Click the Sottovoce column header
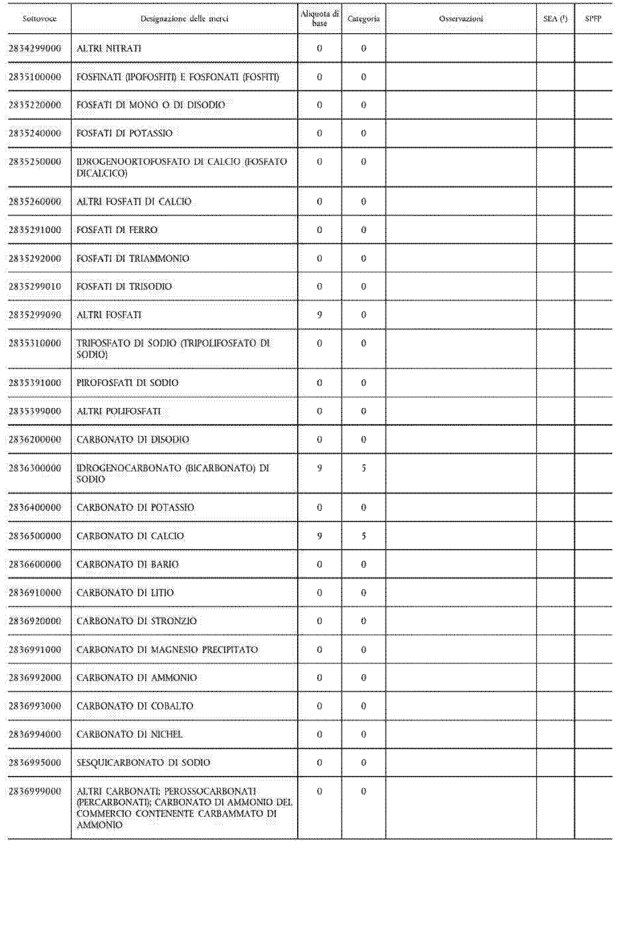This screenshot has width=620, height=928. (x=39, y=19)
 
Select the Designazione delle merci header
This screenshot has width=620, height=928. (x=184, y=19)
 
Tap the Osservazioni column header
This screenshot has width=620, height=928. (x=461, y=19)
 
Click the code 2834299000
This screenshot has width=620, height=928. (x=35, y=48)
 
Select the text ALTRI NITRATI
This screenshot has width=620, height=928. (x=109, y=48)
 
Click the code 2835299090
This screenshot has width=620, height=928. (x=35, y=315)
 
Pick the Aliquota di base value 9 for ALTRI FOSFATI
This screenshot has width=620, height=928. (x=319, y=315)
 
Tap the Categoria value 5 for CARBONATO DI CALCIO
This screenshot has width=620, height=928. (x=364, y=536)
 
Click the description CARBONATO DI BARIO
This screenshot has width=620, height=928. (x=127, y=565)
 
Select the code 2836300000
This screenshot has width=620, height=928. (x=35, y=468)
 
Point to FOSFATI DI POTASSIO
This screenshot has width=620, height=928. (x=124, y=133)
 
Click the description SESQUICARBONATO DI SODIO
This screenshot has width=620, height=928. (x=143, y=762)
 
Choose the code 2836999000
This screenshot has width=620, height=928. (x=35, y=791)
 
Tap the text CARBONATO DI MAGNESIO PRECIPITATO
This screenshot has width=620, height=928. (x=167, y=650)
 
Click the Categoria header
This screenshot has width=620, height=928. (x=364, y=19)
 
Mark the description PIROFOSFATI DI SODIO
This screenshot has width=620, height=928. (x=127, y=382)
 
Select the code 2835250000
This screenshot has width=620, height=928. (x=35, y=162)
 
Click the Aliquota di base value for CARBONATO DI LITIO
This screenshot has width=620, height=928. (x=319, y=593)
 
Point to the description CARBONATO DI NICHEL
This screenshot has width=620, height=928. (x=129, y=734)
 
